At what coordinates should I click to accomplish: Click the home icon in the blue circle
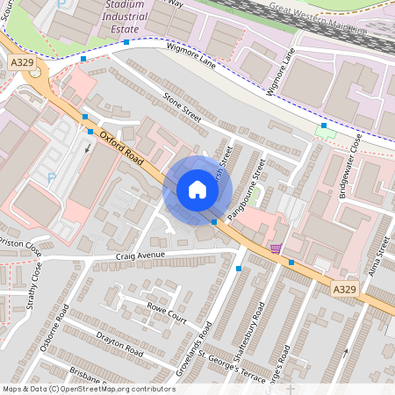197,190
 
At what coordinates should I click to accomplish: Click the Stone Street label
183,107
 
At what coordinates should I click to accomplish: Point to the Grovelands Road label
195,348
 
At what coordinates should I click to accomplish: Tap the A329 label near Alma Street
343,288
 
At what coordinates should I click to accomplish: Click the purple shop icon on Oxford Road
276,248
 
